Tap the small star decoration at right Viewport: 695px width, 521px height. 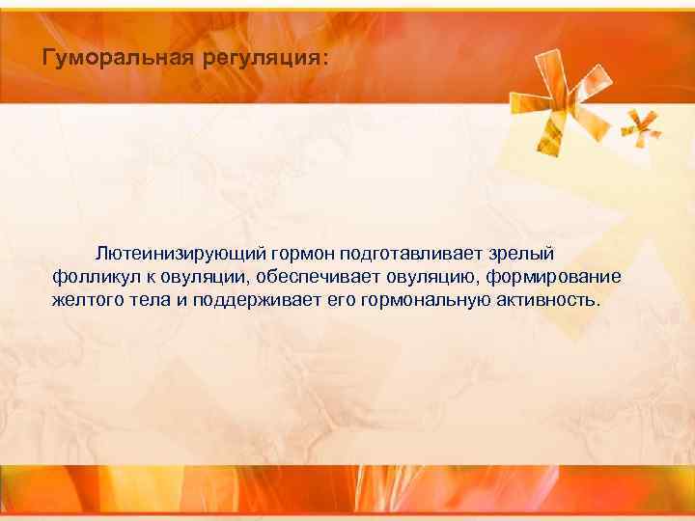pyautogui.click(x=640, y=125)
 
